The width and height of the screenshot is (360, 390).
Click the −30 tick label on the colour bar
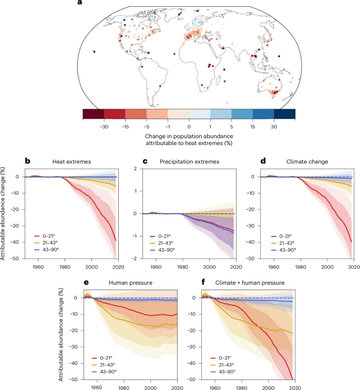[x=104, y=127]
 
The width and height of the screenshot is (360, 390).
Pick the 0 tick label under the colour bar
[x=189, y=127]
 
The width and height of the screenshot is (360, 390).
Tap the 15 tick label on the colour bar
[x=252, y=127]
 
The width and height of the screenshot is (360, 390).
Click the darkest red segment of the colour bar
[x=93, y=114]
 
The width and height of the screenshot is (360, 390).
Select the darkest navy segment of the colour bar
[x=284, y=114]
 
